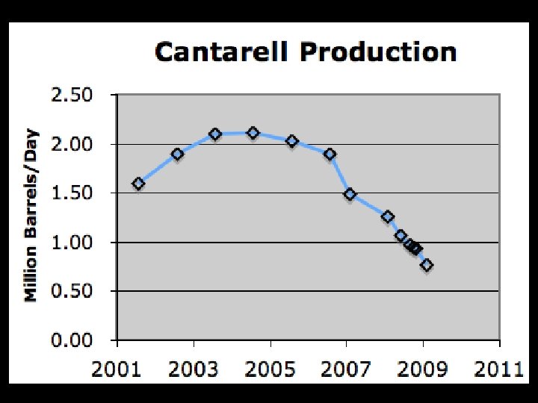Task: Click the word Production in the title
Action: click(377, 52)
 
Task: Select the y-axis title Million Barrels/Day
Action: click(31, 217)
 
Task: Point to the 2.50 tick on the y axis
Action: click(72, 95)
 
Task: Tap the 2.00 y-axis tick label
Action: click(72, 143)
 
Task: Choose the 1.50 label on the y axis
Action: click(72, 193)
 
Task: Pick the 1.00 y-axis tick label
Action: click(72, 242)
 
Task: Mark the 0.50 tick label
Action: click(72, 291)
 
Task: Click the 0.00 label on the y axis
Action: click(72, 340)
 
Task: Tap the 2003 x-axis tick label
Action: click(194, 368)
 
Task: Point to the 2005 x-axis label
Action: click(270, 368)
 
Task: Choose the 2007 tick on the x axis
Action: click(347, 368)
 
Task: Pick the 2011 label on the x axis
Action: click(499, 368)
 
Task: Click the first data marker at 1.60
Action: click(138, 184)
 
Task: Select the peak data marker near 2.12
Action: click(253, 133)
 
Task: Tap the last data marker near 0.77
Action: click(427, 265)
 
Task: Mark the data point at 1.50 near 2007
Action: click(350, 194)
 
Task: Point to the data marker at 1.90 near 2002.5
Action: click(177, 154)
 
